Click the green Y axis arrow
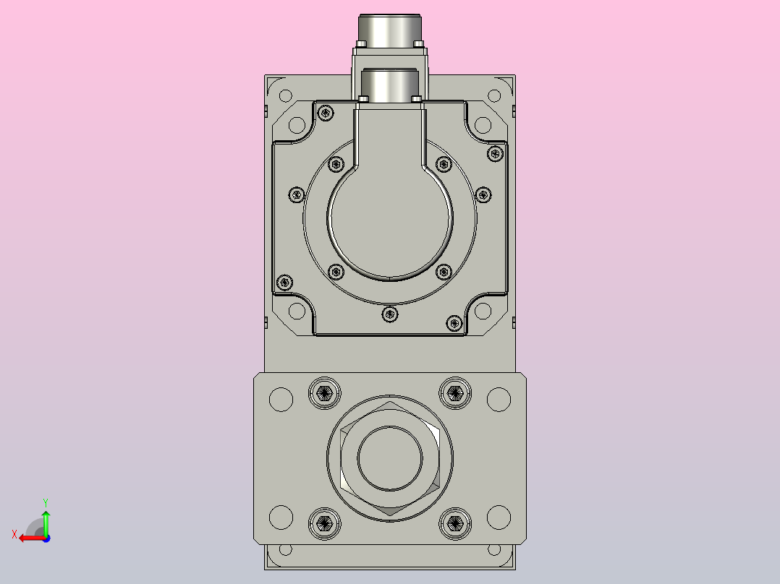46,523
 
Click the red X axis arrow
33,538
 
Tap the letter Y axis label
46,502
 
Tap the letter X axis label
14,534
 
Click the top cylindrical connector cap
390,31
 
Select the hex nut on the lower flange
390,458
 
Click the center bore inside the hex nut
390,458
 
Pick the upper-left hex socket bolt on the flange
325,393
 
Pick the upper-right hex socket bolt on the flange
455,393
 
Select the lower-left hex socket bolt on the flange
325,523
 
